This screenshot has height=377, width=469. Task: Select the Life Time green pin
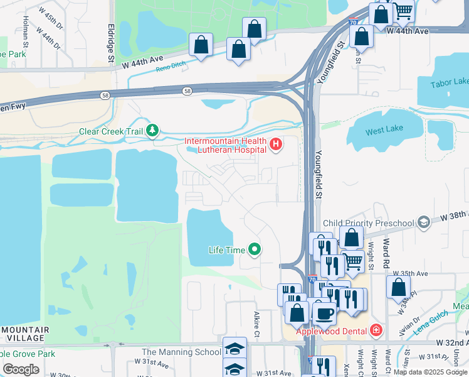coord(254,250)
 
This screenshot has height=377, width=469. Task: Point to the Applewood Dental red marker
coord(375,330)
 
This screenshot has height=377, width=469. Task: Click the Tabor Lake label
coord(450,83)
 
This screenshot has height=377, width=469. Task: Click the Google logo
coord(21,369)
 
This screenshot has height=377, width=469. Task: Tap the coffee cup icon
coord(324,312)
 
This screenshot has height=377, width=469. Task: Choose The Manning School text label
coord(181,352)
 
